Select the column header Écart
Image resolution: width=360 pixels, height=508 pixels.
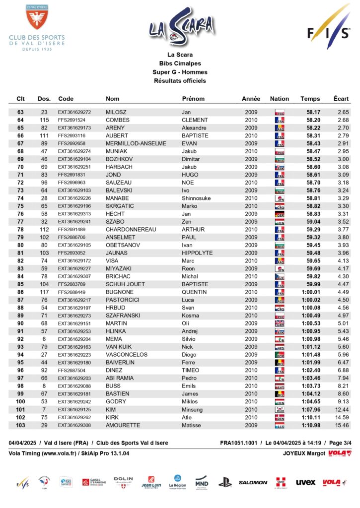[x=341, y=99]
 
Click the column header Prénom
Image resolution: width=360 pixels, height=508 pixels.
[x=193, y=99]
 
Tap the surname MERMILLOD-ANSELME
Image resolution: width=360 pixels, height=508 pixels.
[x=136, y=143]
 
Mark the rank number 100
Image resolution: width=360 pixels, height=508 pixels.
[x=20, y=401]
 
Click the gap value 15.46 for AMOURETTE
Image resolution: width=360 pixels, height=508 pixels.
[x=342, y=425]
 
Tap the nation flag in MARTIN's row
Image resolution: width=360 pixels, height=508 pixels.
[x=280, y=323]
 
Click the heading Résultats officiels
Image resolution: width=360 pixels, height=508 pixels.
[x=180, y=80]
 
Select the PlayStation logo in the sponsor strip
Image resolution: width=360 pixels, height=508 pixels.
[x=225, y=482]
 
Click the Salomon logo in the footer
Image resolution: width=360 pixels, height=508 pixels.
[x=253, y=482]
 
